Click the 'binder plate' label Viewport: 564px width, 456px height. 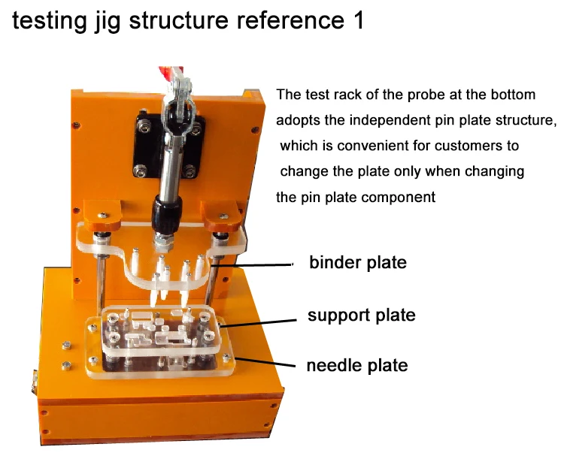pyautogui.click(x=358, y=263)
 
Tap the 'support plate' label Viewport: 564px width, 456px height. pyautogui.click(x=362, y=316)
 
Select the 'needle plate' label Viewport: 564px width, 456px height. pyautogui.click(x=357, y=366)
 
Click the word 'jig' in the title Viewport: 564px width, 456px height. pyautogui.click(x=108, y=22)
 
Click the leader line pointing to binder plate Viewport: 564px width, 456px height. pyautogui.click(x=251, y=265)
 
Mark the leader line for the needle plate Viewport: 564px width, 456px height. pyautogui.click(x=265, y=362)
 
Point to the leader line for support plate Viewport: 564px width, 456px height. pyautogui.click(x=258, y=323)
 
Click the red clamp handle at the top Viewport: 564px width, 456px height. pyautogui.click(x=170, y=73)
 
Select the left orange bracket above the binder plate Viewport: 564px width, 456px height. pyautogui.click(x=102, y=216)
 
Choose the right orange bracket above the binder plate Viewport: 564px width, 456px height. pyautogui.click(x=222, y=216)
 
